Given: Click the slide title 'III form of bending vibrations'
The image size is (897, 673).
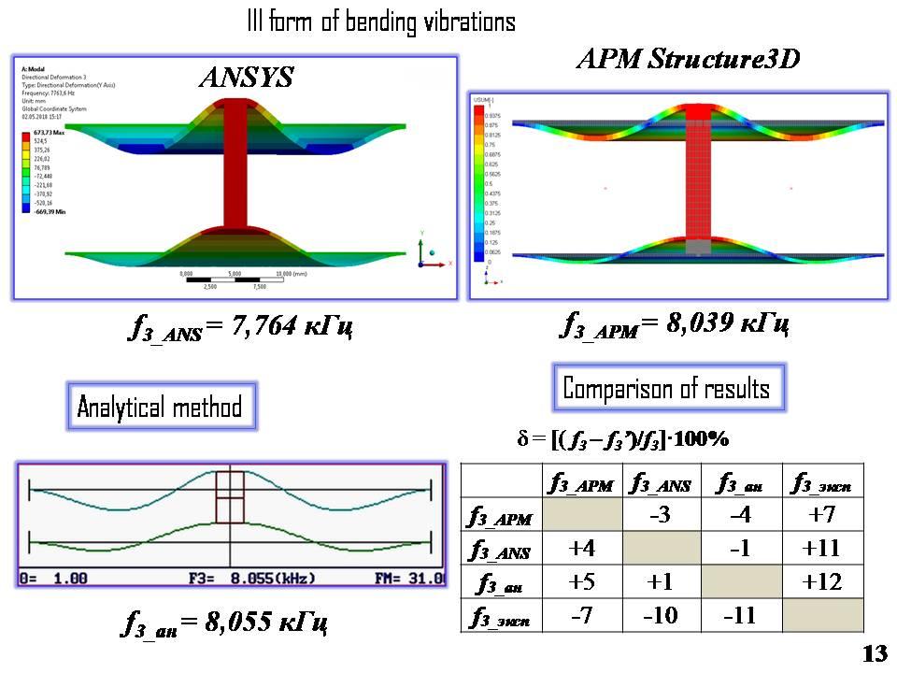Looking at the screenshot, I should [x=380, y=21].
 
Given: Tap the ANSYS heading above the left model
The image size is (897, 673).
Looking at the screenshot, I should [x=246, y=77].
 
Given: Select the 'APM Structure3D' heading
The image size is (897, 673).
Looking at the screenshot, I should [x=689, y=60].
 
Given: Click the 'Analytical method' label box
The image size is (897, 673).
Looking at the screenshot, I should [x=160, y=407].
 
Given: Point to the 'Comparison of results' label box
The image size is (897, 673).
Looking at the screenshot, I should [x=666, y=389].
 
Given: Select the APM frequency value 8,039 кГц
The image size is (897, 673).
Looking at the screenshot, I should [x=675, y=324].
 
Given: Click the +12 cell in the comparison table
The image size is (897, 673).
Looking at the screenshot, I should [x=823, y=581].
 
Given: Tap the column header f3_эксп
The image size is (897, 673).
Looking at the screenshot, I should [x=822, y=482].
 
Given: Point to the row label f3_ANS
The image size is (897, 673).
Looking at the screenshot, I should [x=500, y=550].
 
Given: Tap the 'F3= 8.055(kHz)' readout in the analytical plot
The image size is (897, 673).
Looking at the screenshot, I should [x=234, y=579].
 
